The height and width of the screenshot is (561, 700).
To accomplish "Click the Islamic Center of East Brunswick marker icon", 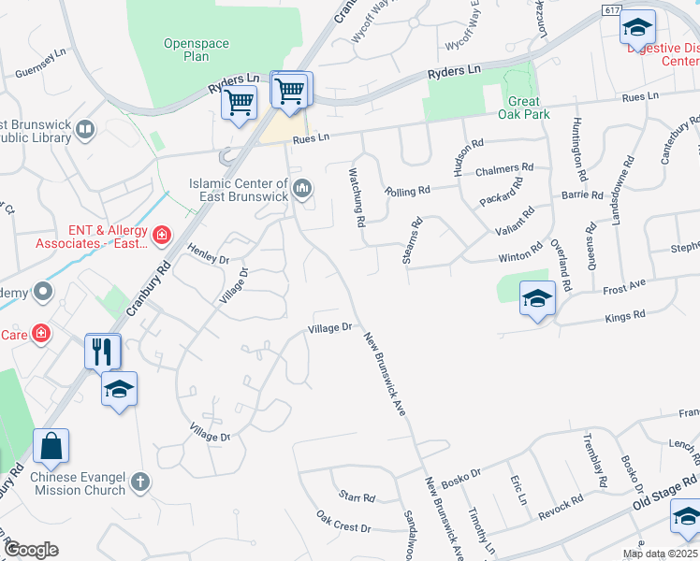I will tap(302, 190).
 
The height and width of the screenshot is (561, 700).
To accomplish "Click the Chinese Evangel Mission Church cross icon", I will tap(140, 482).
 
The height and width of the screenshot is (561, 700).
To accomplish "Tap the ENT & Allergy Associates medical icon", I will tap(162, 234).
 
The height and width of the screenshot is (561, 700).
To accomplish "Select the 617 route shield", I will tap(612, 9).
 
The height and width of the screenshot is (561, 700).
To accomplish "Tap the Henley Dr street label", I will tap(208, 252).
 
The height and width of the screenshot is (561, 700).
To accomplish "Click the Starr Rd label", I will tap(357, 497).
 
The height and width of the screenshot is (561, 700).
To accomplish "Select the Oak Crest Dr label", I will tap(343, 522).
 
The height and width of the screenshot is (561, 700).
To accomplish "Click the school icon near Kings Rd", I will tap(537, 299).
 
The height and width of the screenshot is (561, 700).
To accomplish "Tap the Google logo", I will tap(31, 549).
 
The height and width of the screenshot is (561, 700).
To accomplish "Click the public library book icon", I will tap(85, 129).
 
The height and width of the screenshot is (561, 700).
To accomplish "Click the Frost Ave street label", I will tap(625, 285).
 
